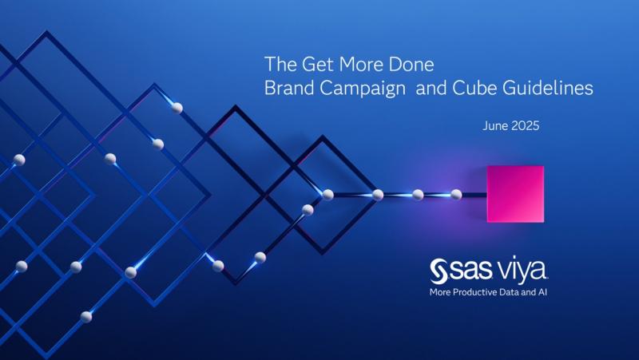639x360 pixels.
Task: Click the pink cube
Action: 515,194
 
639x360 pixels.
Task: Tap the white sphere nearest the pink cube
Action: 456,194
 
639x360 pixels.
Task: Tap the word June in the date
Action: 497,126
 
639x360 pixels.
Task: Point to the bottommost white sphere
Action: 86,317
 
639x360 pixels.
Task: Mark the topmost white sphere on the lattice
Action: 177,107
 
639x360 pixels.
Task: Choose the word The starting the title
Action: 278,63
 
